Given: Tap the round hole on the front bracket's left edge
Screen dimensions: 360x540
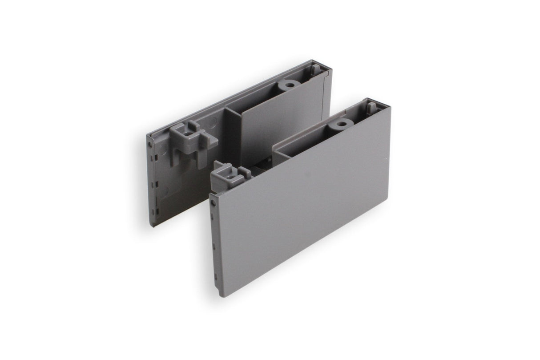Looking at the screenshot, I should [214, 202].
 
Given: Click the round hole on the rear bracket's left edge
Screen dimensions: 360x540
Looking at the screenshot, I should [154, 145].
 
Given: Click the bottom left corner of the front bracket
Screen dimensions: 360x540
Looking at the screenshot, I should [219, 295].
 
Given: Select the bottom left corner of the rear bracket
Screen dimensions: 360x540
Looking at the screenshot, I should [152, 225].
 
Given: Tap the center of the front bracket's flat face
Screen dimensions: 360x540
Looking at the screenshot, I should [302, 200].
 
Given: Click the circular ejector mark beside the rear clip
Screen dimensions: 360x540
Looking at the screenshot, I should [212, 123].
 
